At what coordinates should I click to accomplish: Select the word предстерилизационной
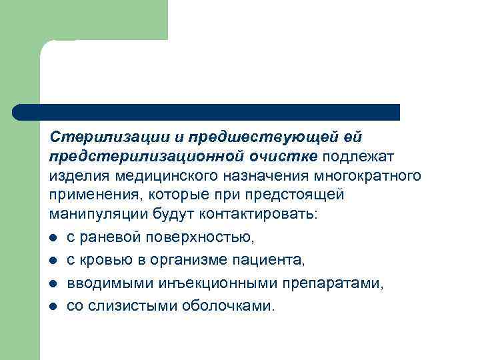134,157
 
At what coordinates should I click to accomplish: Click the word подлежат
359,157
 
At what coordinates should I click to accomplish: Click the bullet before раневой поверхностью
53,237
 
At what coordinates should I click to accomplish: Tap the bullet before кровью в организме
53,260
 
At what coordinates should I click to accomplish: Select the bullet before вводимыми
53,283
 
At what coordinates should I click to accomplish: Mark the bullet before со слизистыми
53,307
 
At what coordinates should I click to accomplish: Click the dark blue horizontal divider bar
207,112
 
